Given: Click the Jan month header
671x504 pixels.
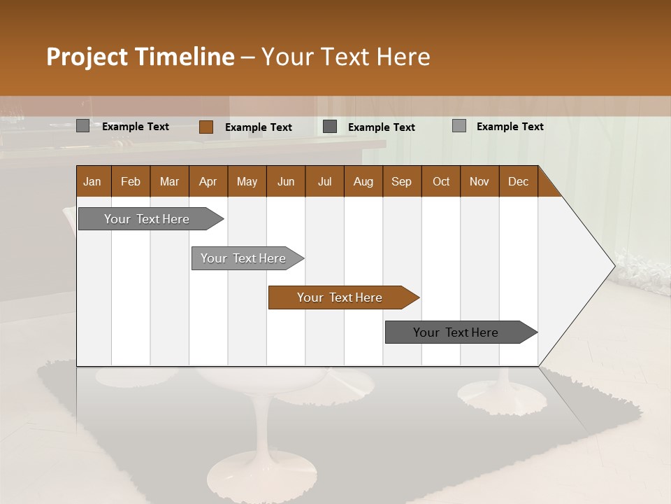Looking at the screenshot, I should pyautogui.click(x=92, y=181).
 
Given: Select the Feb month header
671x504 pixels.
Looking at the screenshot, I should pyautogui.click(x=131, y=181).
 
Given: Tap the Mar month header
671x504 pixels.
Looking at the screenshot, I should pyautogui.click(x=169, y=181).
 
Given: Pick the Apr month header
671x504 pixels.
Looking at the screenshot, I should pyautogui.click(x=208, y=181).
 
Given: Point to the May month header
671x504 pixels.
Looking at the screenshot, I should pyautogui.click(x=247, y=181).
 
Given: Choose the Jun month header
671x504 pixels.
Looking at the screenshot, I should pyautogui.click(x=286, y=181).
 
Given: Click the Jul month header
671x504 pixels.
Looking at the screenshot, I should pyautogui.click(x=324, y=181).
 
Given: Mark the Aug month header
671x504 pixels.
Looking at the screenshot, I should pyautogui.click(x=363, y=181).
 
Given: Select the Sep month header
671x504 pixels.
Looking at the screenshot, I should pyautogui.click(x=401, y=181).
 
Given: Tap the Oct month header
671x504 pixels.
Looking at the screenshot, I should pyautogui.click(x=441, y=181).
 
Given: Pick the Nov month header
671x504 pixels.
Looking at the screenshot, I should pyautogui.click(x=479, y=181).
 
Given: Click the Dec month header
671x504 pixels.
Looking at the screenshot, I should pyautogui.click(x=518, y=181).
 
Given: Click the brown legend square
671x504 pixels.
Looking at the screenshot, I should pyautogui.click(x=206, y=127).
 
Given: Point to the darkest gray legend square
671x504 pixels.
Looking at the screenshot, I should pyautogui.click(x=330, y=127).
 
